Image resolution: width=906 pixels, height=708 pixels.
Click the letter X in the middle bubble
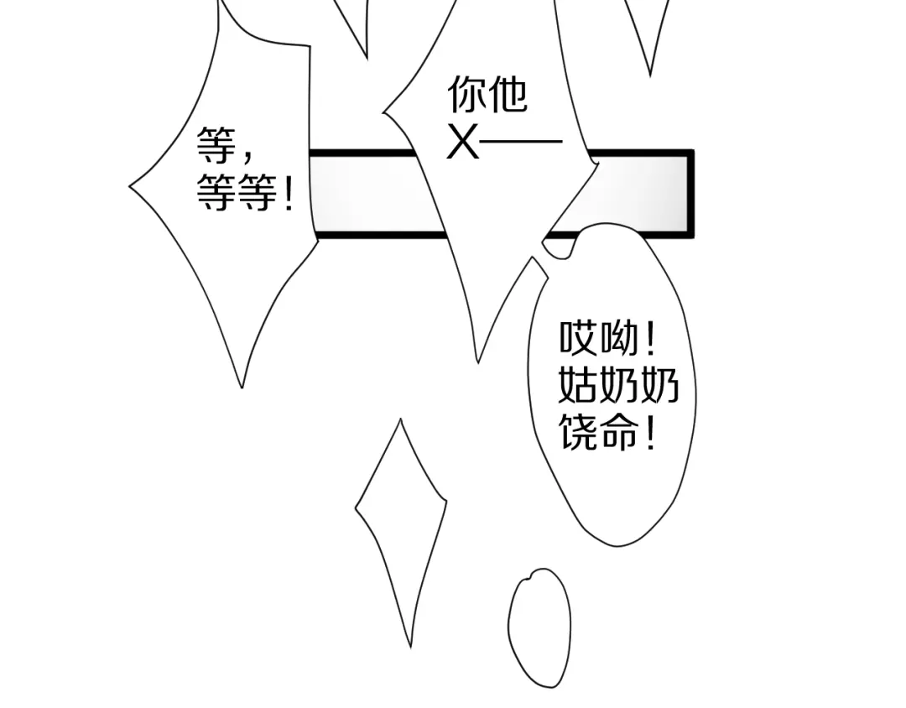tap(463, 142)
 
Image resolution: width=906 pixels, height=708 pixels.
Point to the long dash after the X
tap(521, 141)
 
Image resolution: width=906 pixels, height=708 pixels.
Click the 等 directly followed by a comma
tap(216, 145)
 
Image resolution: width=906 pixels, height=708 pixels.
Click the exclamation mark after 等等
tap(289, 194)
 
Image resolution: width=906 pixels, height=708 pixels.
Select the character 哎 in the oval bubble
tap(578, 338)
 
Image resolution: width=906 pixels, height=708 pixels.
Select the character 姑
tap(578, 384)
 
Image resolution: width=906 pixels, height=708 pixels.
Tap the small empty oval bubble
tap(539, 627)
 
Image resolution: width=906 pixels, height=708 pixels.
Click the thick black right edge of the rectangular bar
tap(690, 194)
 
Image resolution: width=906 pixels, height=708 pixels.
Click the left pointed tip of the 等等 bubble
tap(129, 186)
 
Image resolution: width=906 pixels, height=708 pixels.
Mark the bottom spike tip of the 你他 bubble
tap(477, 363)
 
